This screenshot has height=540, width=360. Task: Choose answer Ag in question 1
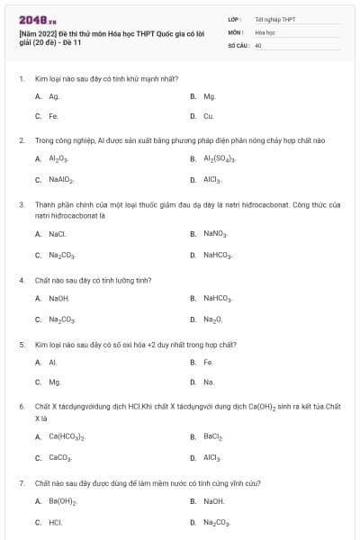click(x=54, y=95)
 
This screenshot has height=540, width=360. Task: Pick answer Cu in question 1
click(x=208, y=116)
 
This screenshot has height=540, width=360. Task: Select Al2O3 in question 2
click(x=58, y=158)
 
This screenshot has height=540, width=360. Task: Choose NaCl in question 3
click(x=58, y=234)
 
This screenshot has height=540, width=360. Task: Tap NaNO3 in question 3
click(x=215, y=234)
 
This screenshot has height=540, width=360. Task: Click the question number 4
click(x=21, y=280)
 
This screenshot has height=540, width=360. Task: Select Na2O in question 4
click(x=212, y=319)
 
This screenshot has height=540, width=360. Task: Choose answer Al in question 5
click(x=53, y=362)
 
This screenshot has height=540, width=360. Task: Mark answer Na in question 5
click(x=209, y=382)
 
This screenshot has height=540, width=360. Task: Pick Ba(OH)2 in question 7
click(x=62, y=500)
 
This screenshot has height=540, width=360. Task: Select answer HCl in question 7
click(x=56, y=522)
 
